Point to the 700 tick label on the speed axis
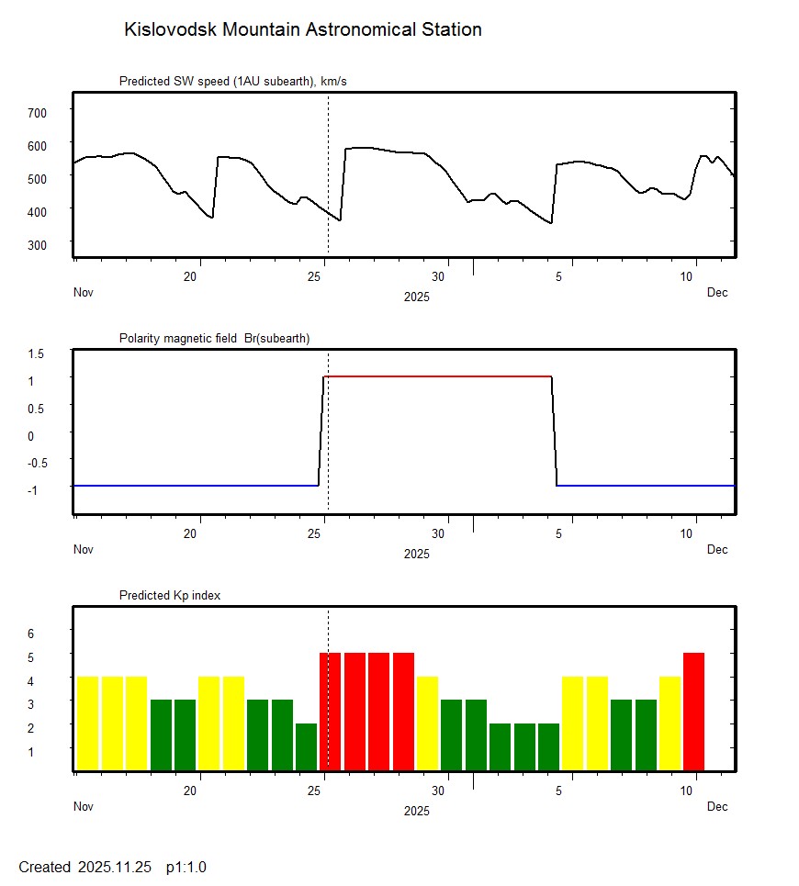coord(37,112)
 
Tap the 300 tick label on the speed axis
coord(37,244)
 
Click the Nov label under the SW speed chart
coord(84,293)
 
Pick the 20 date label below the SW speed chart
coord(191,276)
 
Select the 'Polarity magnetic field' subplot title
coord(214,339)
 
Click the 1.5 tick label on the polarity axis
coord(38,353)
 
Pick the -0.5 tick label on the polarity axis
coord(36,463)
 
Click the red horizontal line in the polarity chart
coord(437,376)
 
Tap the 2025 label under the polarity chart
coord(416,554)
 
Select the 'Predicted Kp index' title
coord(170,596)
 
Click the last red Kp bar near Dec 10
coord(694,712)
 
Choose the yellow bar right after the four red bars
coord(427,723)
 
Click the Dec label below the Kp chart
coord(717,807)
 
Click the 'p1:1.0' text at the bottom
coord(186,867)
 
